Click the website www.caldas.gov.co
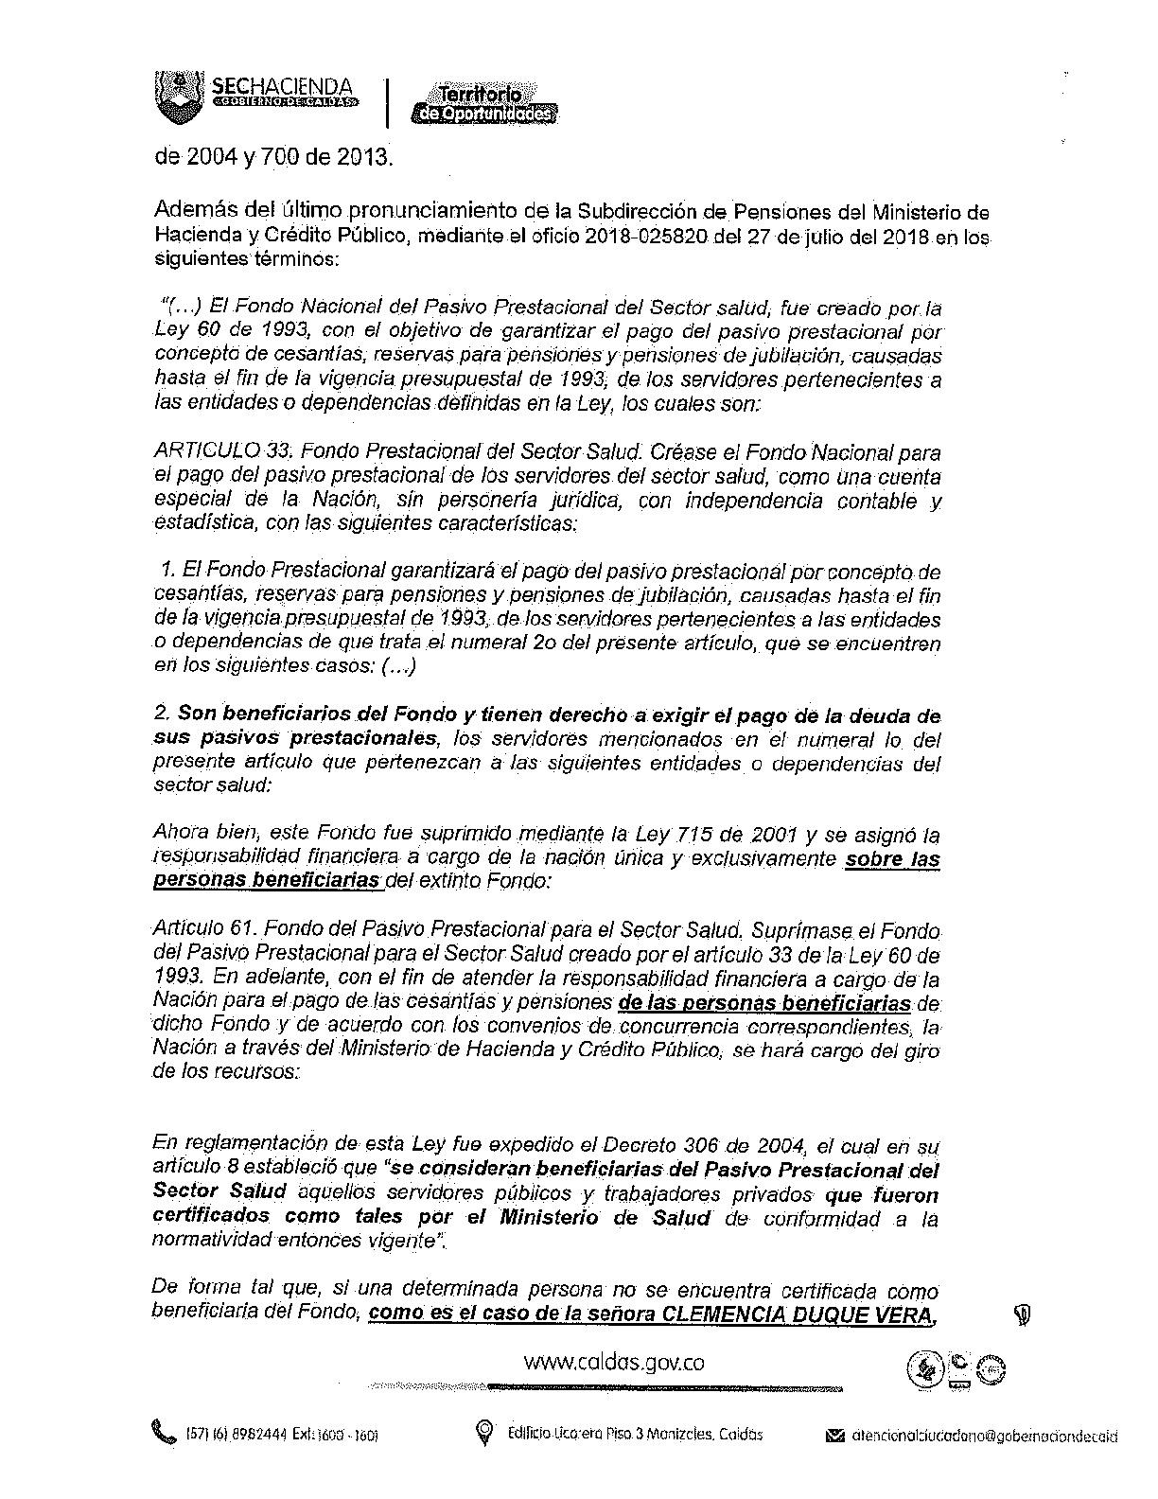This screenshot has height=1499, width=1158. [614, 1362]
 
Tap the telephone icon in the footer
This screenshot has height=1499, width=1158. [164, 1433]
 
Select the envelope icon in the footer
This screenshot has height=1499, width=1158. [833, 1436]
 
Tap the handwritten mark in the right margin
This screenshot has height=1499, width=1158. [1023, 1315]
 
